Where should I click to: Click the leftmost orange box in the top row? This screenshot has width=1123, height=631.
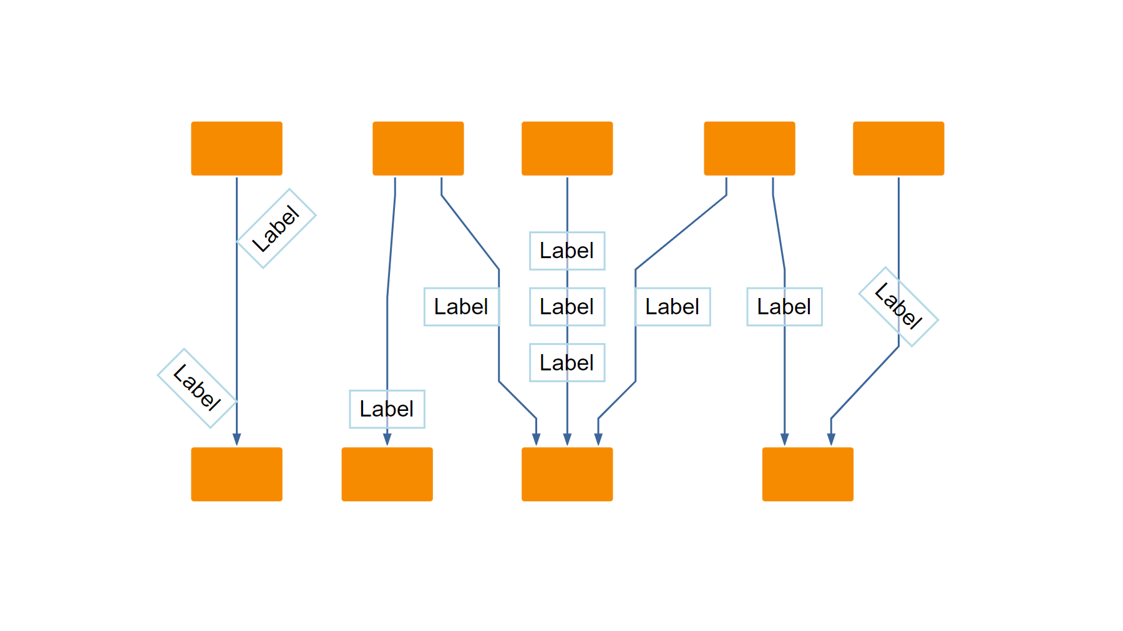point(236,148)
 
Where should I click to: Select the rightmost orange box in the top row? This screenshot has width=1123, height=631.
point(898,148)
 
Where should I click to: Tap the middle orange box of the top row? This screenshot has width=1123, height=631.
point(567,148)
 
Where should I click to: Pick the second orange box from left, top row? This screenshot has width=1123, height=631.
point(418,148)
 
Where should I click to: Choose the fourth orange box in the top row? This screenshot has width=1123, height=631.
point(749,148)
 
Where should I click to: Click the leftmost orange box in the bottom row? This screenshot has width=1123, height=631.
point(236,474)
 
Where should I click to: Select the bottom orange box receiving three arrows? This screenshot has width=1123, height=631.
point(567,474)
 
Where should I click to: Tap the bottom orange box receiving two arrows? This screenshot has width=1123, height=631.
point(807,474)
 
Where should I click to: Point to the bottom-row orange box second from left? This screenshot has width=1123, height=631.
point(387,474)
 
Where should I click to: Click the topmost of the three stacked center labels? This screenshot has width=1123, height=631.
point(567,251)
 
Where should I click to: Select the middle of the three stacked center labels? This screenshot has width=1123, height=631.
point(567,307)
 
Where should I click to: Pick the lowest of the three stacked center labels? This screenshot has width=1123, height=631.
point(567,363)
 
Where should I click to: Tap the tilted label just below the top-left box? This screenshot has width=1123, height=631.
point(276,228)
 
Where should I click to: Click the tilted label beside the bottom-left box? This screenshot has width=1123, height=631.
point(197,388)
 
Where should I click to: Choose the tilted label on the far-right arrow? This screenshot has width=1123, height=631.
point(898,307)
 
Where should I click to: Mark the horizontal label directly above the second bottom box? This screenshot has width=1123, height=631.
point(387,409)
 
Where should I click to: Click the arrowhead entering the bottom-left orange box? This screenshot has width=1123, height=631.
point(236,440)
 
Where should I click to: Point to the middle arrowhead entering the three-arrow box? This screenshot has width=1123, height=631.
point(567,440)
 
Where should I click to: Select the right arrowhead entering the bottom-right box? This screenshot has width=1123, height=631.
point(831,440)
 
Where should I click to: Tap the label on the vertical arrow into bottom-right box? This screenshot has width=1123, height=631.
point(784,307)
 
